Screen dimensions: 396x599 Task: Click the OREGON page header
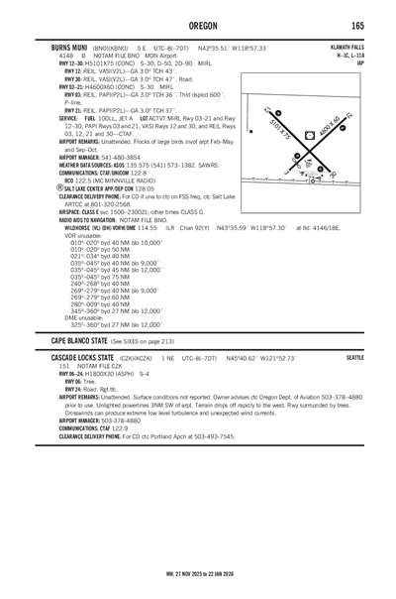(198, 26)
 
